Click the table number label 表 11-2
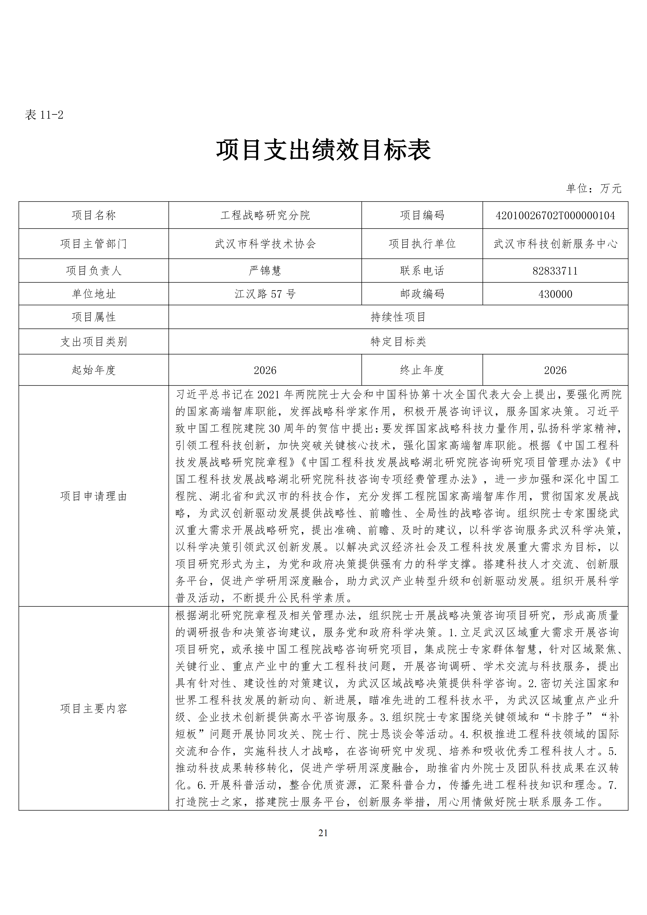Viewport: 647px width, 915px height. [x=44, y=115]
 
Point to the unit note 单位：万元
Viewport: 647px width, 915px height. [x=594, y=189]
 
